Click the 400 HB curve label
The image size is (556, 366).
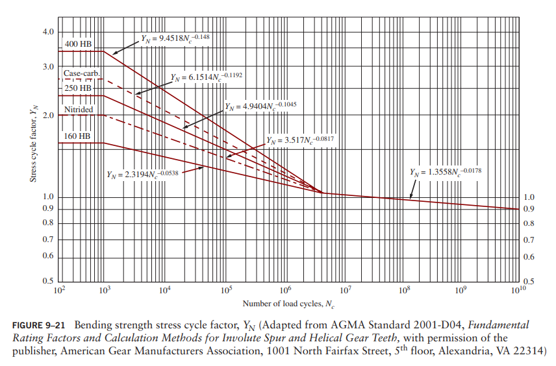coord(78,43)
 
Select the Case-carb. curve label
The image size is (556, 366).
coord(81,74)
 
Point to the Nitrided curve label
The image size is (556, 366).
coord(79,110)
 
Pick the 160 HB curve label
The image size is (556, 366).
coord(77,136)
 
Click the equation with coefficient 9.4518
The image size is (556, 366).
coord(175,38)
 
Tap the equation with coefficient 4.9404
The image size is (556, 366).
coord(260,105)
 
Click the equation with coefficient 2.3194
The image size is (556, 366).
coord(142,174)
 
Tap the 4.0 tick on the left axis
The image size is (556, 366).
coord(49,32)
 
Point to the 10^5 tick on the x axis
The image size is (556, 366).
coord(225,289)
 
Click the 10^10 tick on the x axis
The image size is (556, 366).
coord(518,289)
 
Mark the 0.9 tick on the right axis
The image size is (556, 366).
coord(529,209)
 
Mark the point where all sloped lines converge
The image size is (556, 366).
coord(323,193)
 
